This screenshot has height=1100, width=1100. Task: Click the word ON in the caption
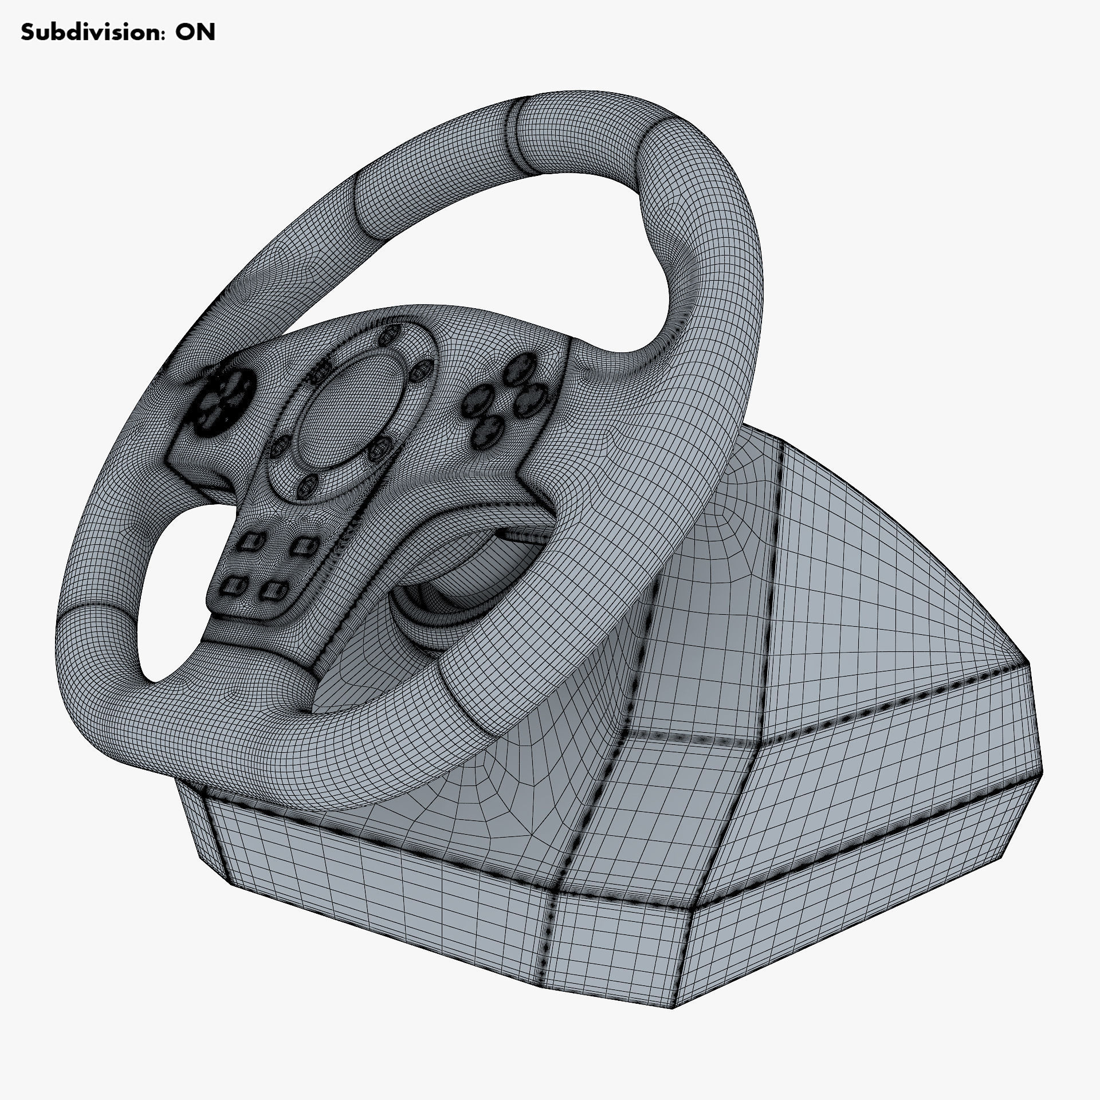coord(195,33)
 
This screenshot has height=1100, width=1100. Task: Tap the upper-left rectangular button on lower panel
coord(247,542)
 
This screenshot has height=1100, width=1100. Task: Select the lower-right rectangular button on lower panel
coord(275,591)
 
